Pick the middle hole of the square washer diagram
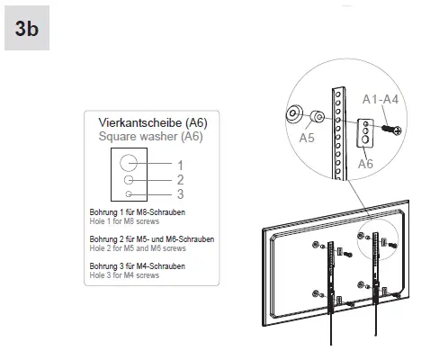131,180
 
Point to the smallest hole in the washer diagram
131,193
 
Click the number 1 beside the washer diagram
180,165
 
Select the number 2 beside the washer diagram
180,180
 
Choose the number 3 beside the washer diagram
180,193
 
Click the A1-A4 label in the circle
379,100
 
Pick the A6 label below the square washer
365,164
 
